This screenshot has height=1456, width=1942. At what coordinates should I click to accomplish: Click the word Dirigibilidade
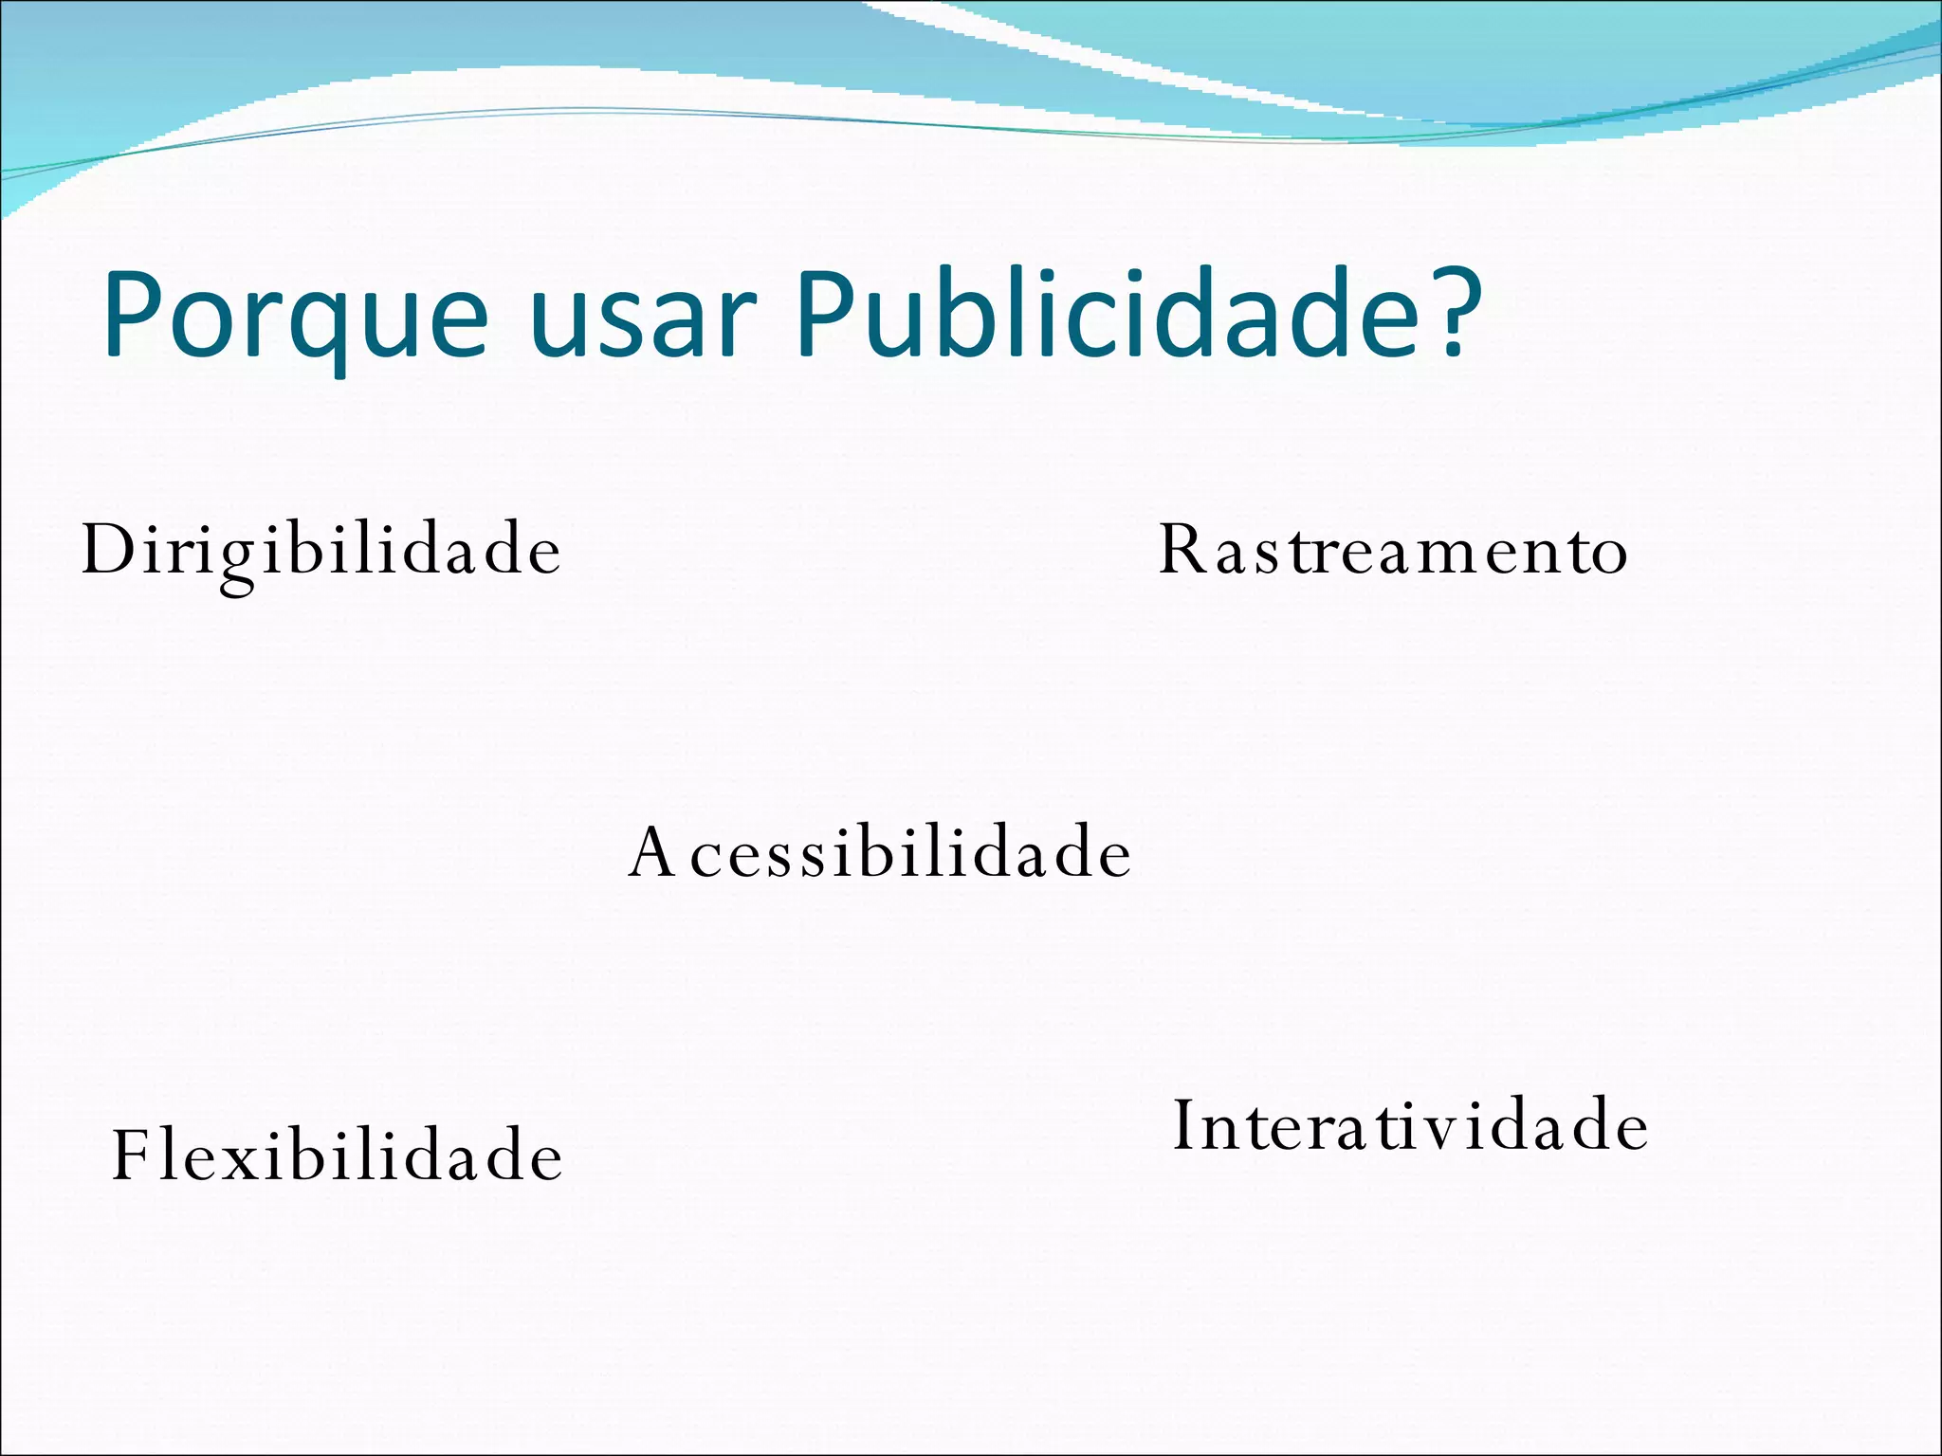(321, 550)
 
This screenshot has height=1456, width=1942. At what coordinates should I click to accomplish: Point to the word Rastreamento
(1393, 550)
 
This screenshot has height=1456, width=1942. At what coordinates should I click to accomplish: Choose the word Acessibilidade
(880, 852)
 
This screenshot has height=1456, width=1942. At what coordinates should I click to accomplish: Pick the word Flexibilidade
(338, 1156)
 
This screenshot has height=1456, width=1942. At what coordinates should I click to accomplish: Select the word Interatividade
(1411, 1125)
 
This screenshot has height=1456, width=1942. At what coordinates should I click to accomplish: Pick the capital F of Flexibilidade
(132, 1156)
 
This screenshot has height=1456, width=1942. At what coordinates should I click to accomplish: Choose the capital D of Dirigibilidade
(106, 550)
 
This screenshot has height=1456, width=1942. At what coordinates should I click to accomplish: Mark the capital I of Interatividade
(1183, 1125)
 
